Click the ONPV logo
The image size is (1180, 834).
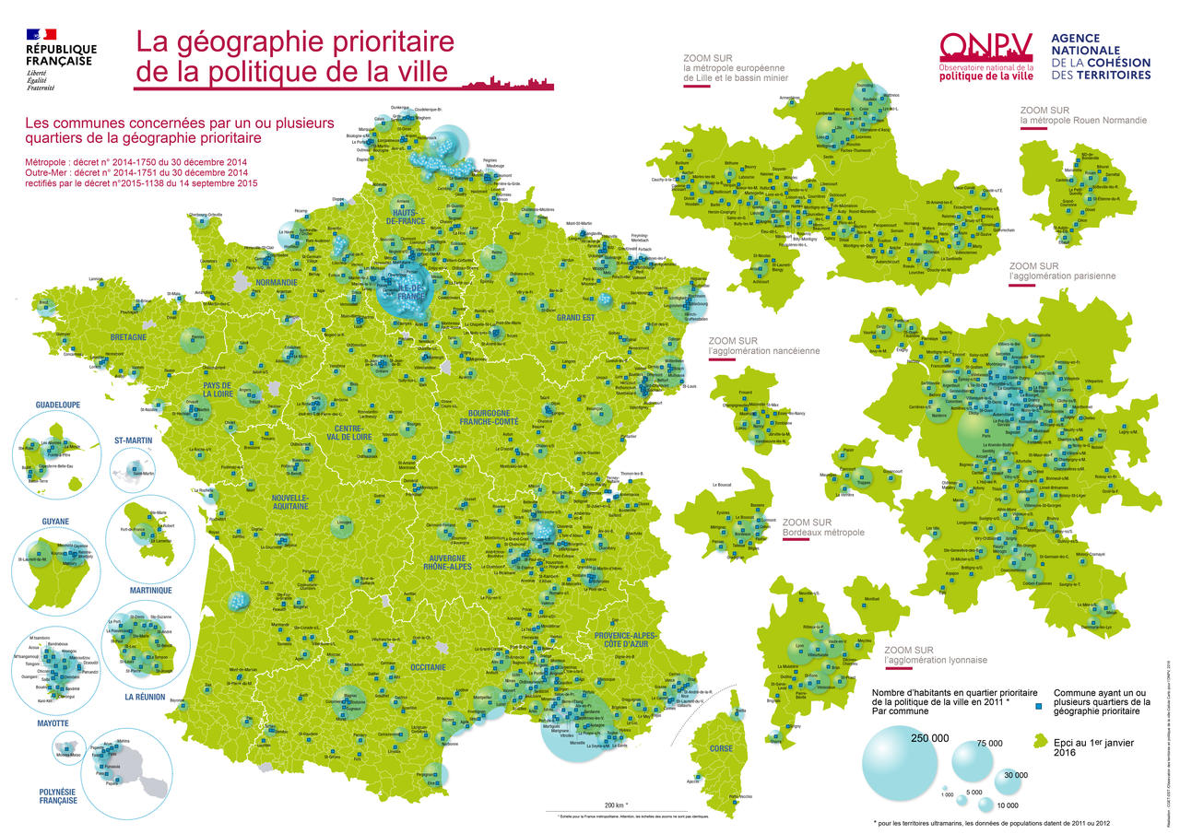pyautogui.click(x=985, y=56)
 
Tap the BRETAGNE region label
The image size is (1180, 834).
pyautogui.click(x=129, y=337)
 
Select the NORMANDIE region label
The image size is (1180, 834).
pyautogui.click(x=277, y=282)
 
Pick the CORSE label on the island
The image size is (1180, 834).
pyautogui.click(x=722, y=748)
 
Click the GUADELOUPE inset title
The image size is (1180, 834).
pyautogui.click(x=58, y=404)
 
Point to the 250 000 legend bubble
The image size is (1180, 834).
pyautogui.click(x=900, y=763)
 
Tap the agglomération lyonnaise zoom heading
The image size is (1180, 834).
pyautogui.click(x=935, y=654)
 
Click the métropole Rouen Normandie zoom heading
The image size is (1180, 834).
pyautogui.click(x=1083, y=114)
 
